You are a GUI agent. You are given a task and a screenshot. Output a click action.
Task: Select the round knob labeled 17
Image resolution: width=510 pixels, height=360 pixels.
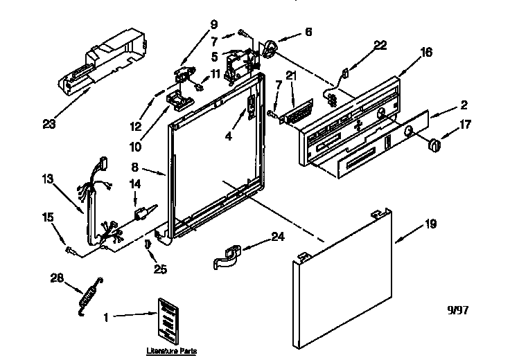click(434, 144)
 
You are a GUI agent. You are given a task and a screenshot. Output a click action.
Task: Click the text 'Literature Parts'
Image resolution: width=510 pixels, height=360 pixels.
click(167, 351)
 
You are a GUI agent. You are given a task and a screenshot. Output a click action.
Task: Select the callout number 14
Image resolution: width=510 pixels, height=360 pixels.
click(134, 185)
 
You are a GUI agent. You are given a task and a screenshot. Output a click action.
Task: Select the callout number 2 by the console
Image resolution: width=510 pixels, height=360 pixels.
click(463, 105)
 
